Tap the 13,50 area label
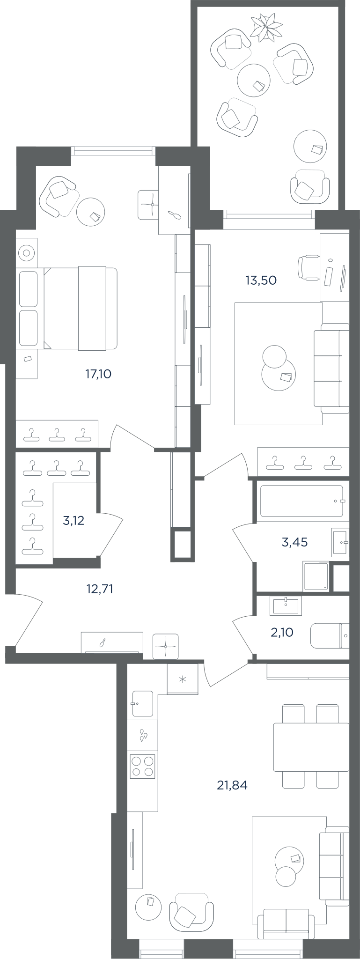(x=261, y=280)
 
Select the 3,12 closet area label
(x=73, y=520)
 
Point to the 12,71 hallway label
(x=100, y=589)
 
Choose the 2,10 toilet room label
(x=282, y=633)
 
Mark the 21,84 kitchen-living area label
(x=232, y=785)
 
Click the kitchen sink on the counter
(x=142, y=703)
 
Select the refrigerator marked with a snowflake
(x=183, y=679)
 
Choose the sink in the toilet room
(x=286, y=605)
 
